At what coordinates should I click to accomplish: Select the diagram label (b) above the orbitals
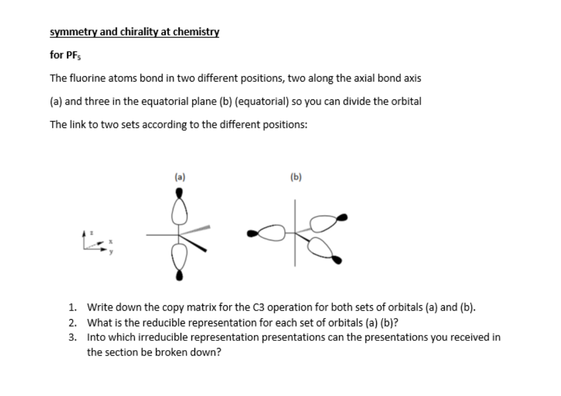point(295,178)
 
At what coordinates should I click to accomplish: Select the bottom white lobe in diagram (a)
point(179,256)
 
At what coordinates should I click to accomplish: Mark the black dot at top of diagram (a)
point(179,192)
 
